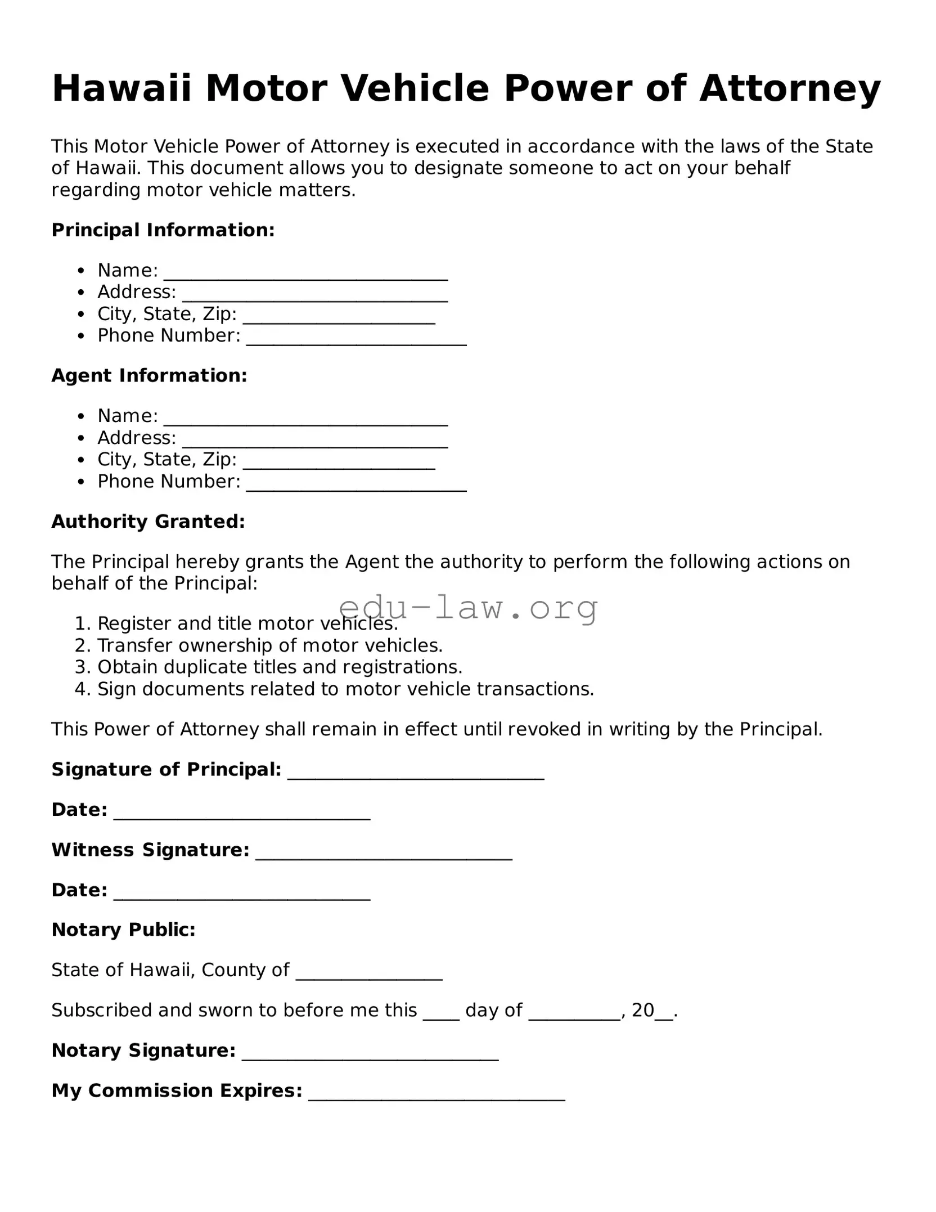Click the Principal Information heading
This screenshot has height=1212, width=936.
click(163, 230)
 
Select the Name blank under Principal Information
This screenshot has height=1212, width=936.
click(305, 272)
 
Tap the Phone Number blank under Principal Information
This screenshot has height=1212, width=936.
click(356, 338)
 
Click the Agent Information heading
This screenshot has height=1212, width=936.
click(149, 375)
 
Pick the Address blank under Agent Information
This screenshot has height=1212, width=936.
click(315, 439)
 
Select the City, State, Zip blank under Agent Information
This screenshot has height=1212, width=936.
click(339, 461)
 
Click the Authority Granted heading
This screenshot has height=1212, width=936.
click(148, 521)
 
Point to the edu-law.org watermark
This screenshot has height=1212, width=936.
click(468, 608)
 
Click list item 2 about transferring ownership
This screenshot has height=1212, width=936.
click(270, 645)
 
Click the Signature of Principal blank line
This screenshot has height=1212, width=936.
click(416, 771)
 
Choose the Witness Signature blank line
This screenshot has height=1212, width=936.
click(384, 852)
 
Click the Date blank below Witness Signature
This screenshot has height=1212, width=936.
click(242, 892)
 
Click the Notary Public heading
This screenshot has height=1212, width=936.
click(123, 930)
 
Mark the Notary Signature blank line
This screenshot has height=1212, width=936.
click(370, 1053)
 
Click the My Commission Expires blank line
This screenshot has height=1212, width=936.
click(436, 1093)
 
